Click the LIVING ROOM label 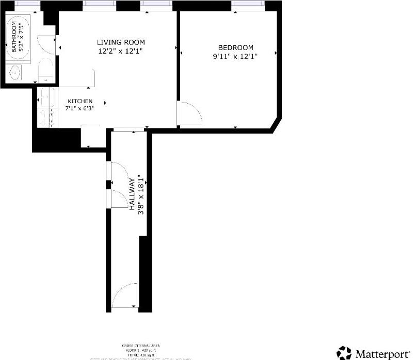tap(121, 42)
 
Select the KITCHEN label tap(79, 101)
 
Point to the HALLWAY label tap(132, 193)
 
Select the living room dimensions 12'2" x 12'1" tap(121, 51)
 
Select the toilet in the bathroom tap(45, 70)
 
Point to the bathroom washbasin tap(15, 72)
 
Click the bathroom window tap(24, 4)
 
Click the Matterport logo tap(373, 353)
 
